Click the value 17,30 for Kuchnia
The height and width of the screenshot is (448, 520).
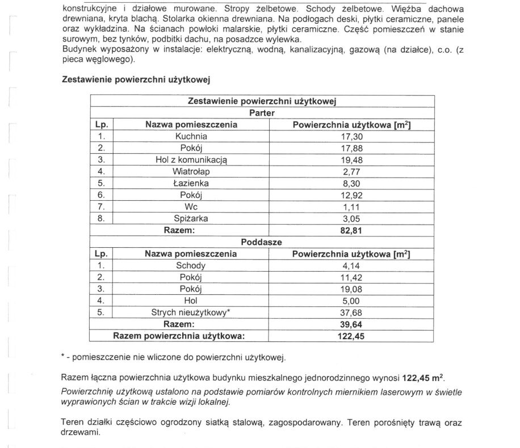[x=350, y=137]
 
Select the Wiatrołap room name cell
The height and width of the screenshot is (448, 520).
[x=191, y=171]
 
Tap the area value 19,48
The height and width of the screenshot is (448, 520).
[x=350, y=160]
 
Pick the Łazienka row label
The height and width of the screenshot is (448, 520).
[x=191, y=183]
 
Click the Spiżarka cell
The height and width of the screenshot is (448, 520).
[x=191, y=218]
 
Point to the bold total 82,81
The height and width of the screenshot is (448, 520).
[x=350, y=230]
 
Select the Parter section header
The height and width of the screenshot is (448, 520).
[x=262, y=113]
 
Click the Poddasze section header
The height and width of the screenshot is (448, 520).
[x=262, y=242]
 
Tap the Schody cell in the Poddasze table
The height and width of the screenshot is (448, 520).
[x=191, y=265]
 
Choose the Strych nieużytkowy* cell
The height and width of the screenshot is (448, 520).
[x=191, y=312]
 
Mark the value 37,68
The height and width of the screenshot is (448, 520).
[x=350, y=312]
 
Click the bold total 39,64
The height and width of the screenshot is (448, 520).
[x=350, y=324]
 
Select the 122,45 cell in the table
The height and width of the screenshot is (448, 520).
[x=350, y=336]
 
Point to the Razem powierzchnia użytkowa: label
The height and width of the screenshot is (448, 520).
[x=179, y=336]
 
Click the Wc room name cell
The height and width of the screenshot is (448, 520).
[x=191, y=206]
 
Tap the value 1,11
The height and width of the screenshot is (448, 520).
[x=350, y=206]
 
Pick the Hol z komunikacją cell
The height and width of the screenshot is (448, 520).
[x=191, y=160]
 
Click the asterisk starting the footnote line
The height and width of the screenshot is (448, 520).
[x=63, y=358]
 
